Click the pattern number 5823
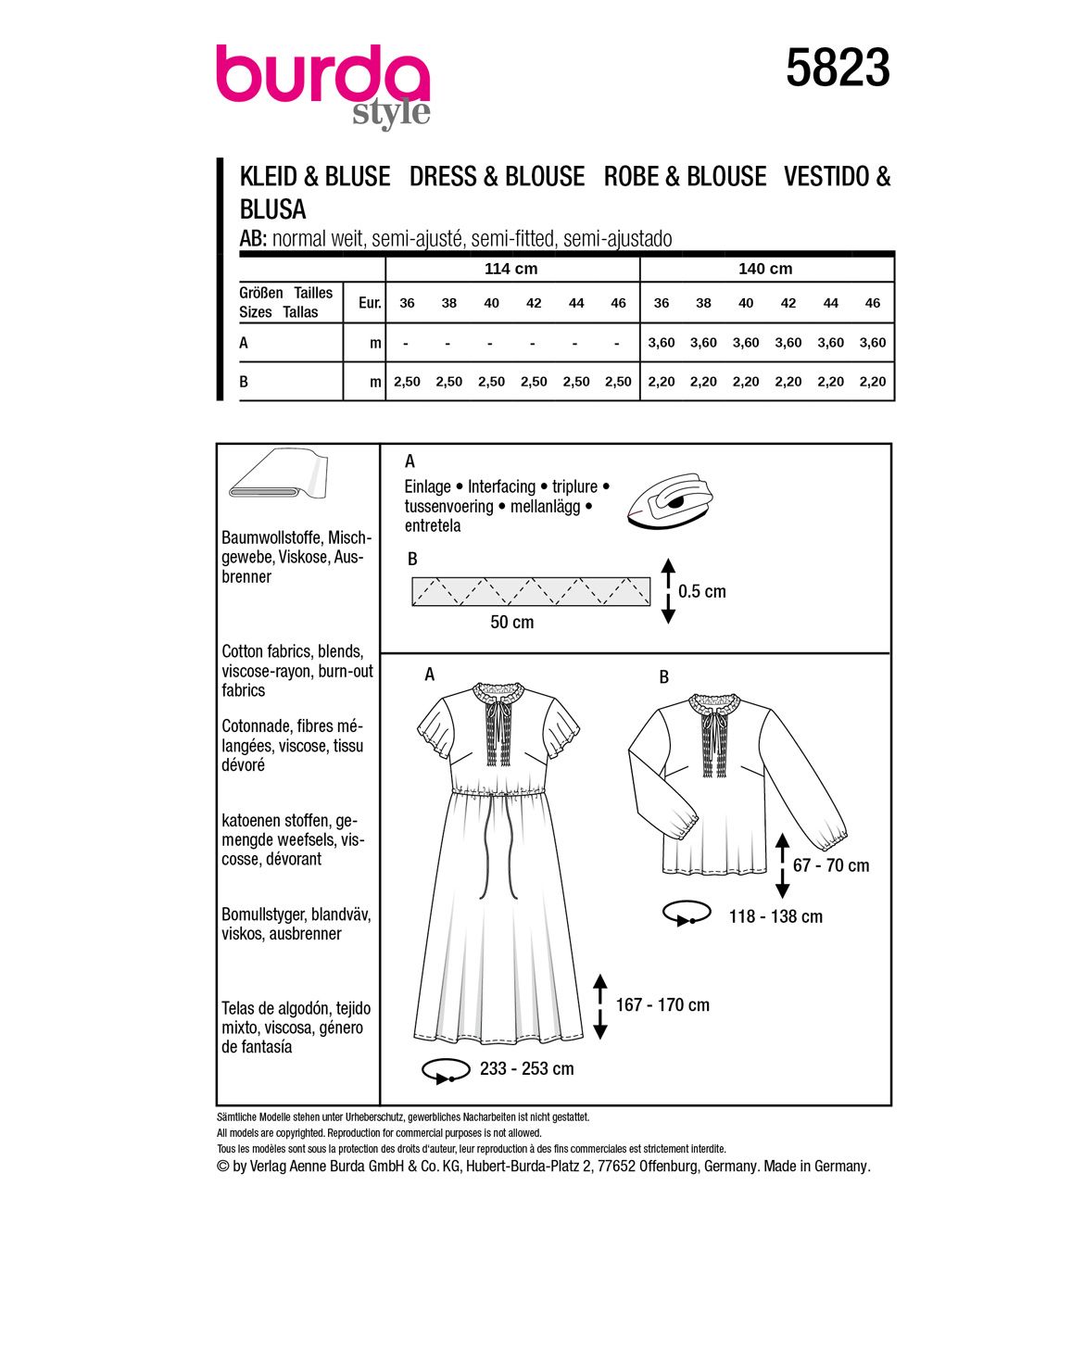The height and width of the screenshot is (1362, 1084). [838, 69]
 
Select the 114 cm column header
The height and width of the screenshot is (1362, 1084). [511, 269]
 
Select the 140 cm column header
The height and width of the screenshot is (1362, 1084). [765, 269]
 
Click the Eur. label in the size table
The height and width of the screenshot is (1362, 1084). [370, 303]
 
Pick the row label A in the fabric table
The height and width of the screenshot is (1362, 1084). [244, 343]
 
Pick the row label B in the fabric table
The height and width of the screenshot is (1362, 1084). [244, 382]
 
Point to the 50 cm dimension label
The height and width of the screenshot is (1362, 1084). [511, 623]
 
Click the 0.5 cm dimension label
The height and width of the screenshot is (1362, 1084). [702, 591]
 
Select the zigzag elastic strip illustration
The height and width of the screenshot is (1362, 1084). [531, 591]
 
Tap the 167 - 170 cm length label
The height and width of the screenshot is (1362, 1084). [662, 1005]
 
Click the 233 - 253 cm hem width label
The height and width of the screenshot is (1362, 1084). [526, 1069]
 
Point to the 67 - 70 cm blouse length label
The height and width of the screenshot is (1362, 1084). [831, 865]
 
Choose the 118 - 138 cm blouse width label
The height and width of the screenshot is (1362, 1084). [775, 916]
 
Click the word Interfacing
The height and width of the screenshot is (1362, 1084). [501, 486]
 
